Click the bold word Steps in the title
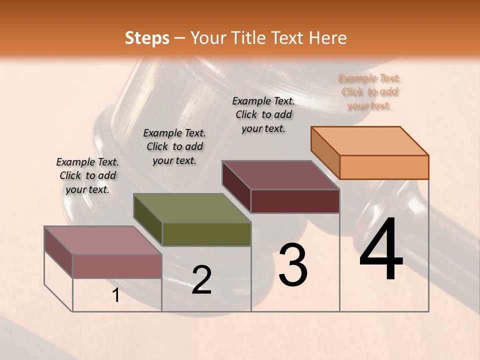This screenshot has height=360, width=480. coord(147,38)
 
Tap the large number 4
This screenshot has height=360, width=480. coord(381,249)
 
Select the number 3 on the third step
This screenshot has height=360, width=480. coord(292,265)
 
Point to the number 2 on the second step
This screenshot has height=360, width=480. coord(201,280)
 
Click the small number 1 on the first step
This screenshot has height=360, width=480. coord(116,295)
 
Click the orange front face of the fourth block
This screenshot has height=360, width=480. coord(384,167)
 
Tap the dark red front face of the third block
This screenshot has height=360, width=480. coord(295,201)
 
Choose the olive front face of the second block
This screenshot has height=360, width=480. coord(206,234)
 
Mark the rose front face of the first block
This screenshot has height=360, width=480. coord(117,266)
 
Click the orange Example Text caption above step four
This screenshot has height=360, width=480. coord(369,92)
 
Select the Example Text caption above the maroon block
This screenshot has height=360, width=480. coord(263,114)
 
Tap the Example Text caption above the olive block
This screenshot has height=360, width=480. coord(174,146)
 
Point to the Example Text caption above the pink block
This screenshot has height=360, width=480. coord(87,175)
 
